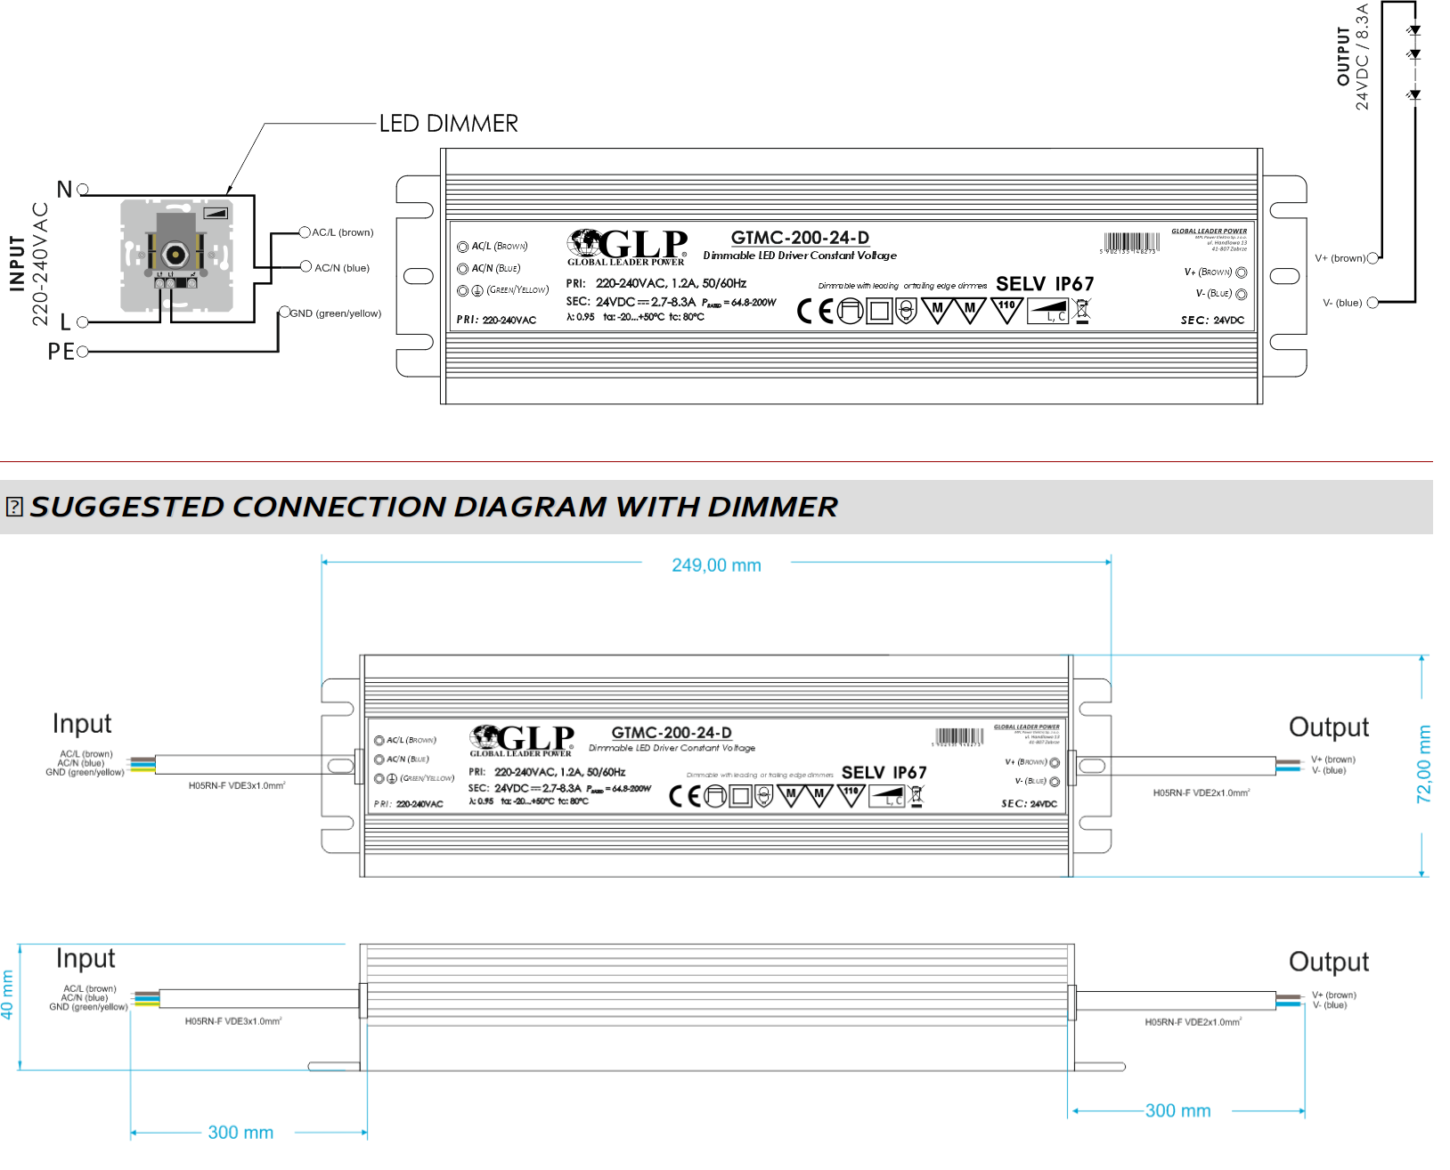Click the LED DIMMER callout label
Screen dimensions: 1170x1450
(448, 124)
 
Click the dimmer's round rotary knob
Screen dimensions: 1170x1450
(175, 255)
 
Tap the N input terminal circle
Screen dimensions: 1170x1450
(83, 190)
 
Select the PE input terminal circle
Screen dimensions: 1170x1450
(83, 352)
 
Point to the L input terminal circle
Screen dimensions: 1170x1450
(83, 321)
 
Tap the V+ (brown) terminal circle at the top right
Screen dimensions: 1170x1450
(1373, 258)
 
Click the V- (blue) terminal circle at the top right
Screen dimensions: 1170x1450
(1373, 303)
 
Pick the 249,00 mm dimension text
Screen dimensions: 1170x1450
(716, 565)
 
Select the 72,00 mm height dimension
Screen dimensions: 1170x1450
(1423, 764)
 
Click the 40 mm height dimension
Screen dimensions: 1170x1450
(8, 995)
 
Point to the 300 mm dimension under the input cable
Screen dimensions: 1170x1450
(240, 1133)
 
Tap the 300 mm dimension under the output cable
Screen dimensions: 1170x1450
(1177, 1111)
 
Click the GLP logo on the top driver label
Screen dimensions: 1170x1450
(629, 246)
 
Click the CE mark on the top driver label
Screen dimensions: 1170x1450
(814, 311)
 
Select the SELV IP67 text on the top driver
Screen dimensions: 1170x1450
(1045, 284)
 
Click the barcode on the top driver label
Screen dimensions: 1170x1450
(1131, 242)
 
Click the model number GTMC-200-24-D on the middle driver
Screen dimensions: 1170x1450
(672, 733)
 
